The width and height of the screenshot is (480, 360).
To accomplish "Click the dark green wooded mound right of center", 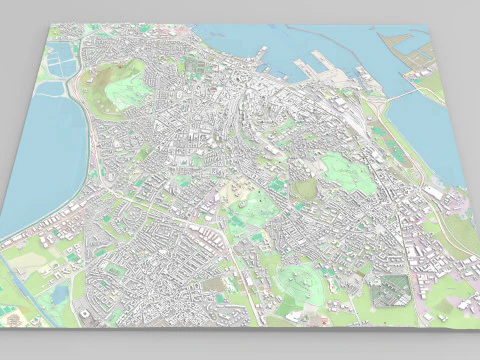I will point(305,188).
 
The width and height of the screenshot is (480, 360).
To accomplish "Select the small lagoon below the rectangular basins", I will point(50,88).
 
